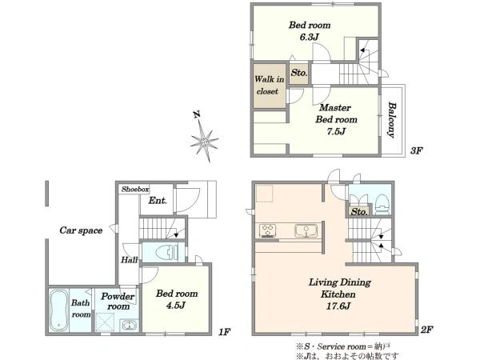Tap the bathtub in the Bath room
tap(58, 310)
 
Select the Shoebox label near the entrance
tap(135, 189)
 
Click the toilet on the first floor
tap(167, 253)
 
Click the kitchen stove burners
tap(267, 231)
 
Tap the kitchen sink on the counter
tap(306, 230)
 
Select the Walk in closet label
tap(269, 85)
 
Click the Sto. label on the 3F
tap(298, 73)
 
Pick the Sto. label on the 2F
tap(358, 211)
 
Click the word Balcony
tap(391, 120)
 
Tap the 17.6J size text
tap(338, 306)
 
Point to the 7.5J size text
tap(336, 131)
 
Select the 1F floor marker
tap(224, 332)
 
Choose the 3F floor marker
tap(416, 150)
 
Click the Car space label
tap(81, 230)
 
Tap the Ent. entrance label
tap(158, 201)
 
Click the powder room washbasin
tap(129, 325)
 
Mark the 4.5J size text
tap(176, 306)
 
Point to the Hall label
tap(129, 260)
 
